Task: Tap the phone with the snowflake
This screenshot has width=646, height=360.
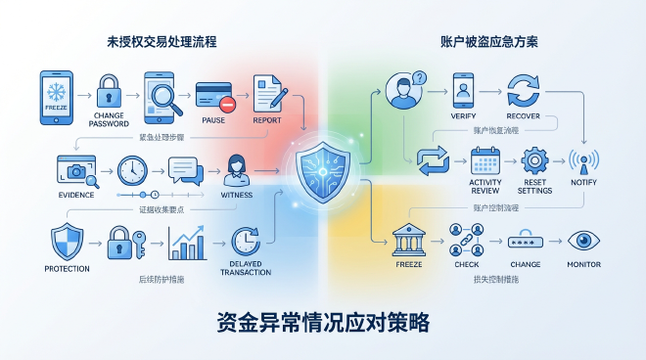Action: [x=55, y=97]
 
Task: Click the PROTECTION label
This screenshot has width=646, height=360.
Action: [x=68, y=268]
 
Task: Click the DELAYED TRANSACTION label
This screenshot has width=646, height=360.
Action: [x=246, y=268]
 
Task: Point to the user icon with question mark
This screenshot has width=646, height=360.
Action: [x=404, y=90]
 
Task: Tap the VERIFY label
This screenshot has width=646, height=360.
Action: [x=464, y=116]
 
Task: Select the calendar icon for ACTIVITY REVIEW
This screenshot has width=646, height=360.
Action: [x=485, y=160]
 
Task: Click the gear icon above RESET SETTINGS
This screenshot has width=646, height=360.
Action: [x=535, y=160]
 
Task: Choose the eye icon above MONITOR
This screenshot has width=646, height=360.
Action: [x=584, y=240]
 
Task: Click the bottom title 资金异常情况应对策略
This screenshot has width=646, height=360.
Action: [x=323, y=324]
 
